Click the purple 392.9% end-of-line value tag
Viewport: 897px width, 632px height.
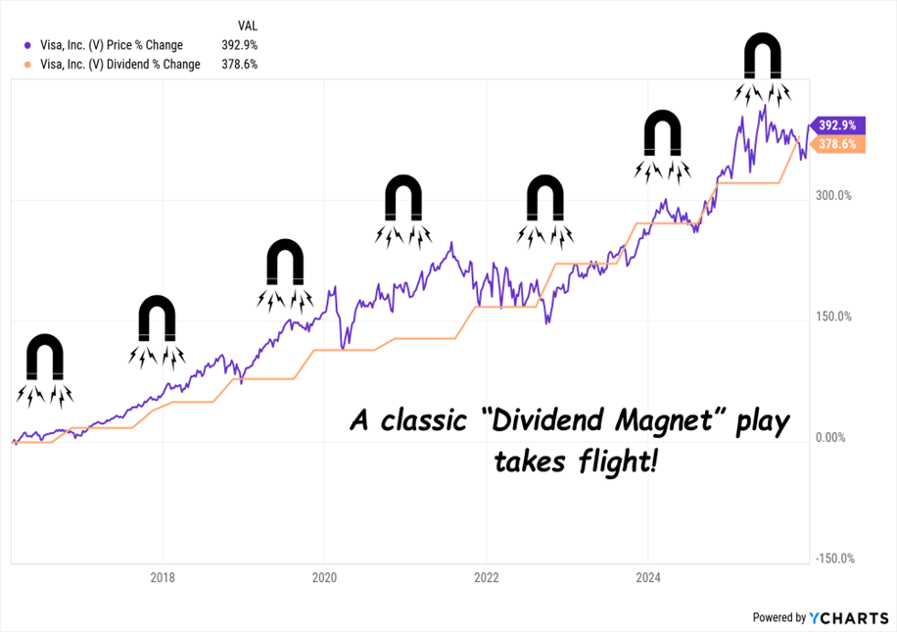(x=836, y=125)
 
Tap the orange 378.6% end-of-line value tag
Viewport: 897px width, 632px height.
(x=836, y=144)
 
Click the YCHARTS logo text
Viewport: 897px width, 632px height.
(x=849, y=617)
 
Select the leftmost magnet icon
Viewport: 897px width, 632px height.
(x=44, y=359)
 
